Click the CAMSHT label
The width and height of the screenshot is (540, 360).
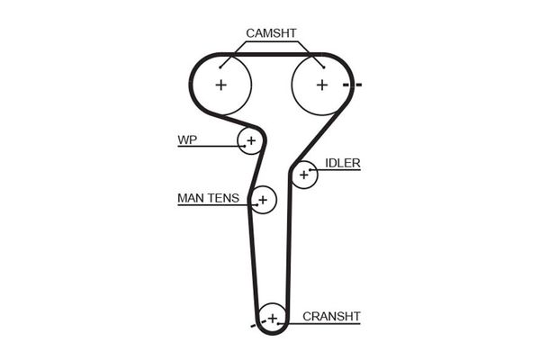click(x=271, y=33)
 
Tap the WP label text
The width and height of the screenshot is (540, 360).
click(x=186, y=139)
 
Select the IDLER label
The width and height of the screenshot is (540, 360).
click(x=343, y=163)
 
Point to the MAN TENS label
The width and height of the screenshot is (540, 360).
click(x=208, y=198)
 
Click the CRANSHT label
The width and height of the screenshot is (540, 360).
click(x=331, y=316)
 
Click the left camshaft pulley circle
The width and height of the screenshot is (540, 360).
click(x=220, y=85)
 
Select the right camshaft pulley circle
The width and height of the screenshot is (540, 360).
click(x=321, y=85)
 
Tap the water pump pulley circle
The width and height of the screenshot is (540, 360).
click(x=250, y=140)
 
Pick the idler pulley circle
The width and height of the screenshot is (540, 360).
click(x=304, y=174)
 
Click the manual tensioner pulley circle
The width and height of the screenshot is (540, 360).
click(x=262, y=199)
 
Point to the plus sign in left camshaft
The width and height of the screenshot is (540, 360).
click(x=220, y=85)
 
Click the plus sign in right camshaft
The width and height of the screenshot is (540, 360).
click(x=321, y=85)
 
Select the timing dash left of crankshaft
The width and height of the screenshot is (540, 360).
click(x=254, y=321)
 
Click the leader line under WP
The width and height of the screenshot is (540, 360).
click(x=207, y=147)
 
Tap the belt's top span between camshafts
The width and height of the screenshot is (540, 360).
click(x=271, y=55)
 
